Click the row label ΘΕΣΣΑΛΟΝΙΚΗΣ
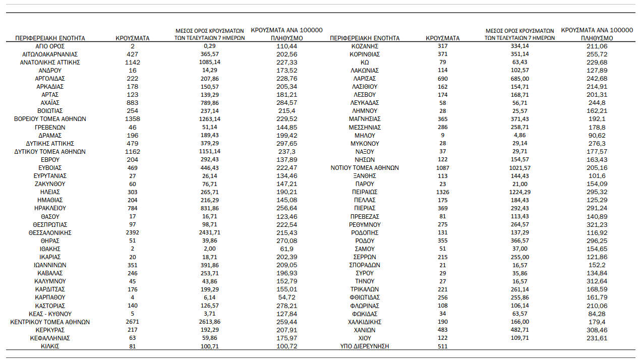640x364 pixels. click(x=50, y=232)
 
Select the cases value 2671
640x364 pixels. click(x=133, y=322)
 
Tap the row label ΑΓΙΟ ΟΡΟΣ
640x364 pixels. click(x=50, y=46)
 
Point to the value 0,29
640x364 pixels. click(x=206, y=46)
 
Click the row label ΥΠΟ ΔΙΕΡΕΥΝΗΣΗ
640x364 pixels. click(x=365, y=346)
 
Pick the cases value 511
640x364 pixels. click(x=442, y=346)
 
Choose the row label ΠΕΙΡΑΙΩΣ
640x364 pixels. click(x=365, y=192)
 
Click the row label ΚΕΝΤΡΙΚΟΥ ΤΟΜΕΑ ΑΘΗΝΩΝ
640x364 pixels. click(x=50, y=322)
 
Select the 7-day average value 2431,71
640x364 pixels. click(x=206, y=232)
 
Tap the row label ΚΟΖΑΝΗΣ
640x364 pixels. click(x=365, y=46)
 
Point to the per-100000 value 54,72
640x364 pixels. click(x=286, y=297)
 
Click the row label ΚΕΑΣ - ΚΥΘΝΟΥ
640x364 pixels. click(x=50, y=314)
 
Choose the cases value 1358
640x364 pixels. click(x=133, y=119)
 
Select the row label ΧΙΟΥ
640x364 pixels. click(x=365, y=338)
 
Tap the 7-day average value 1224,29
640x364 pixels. click(x=519, y=192)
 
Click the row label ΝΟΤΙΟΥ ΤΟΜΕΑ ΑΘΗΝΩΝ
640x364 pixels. click(x=365, y=168)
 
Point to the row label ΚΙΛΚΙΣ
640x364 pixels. click(x=50, y=346)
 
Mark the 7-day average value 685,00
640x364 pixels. click(x=519, y=79)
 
